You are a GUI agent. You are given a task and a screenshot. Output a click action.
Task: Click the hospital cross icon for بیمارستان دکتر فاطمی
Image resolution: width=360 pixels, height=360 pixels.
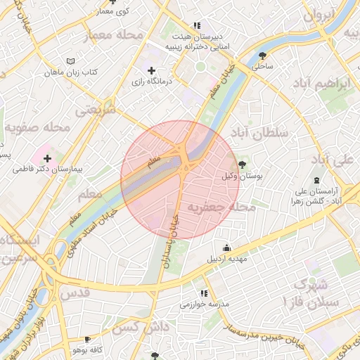tap(47, 159)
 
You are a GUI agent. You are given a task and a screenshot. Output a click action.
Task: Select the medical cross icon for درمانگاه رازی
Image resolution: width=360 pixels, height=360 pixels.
tap(151, 71)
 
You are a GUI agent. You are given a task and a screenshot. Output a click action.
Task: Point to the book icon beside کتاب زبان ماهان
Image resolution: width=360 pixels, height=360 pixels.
tap(69, 61)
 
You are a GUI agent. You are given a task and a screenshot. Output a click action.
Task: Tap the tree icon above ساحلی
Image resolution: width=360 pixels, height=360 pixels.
tap(262, 56)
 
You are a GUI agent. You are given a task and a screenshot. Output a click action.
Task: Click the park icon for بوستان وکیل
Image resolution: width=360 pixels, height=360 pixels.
tap(243, 165)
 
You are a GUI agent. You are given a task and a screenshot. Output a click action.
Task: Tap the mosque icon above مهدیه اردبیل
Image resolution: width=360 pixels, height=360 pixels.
tap(226, 247)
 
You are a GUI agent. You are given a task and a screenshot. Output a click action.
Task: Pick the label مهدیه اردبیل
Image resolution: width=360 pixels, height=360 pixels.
tap(226, 259)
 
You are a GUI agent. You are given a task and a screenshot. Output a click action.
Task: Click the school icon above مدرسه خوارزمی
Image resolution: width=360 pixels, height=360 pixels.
tap(204, 293)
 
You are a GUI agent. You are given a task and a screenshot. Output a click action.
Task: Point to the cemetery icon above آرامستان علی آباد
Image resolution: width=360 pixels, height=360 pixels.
tap(316, 181)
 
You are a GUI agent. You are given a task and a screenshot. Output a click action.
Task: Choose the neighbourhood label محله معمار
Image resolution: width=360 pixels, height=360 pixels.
tap(112, 34)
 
